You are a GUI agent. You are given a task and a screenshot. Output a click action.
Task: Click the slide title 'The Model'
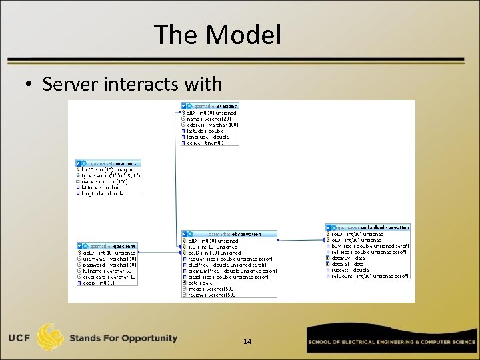(x=217, y=35)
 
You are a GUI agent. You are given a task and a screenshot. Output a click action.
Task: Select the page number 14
(x=247, y=341)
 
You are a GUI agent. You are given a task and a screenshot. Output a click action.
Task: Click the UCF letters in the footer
(x=23, y=338)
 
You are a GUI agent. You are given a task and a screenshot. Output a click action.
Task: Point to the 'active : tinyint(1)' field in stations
(x=207, y=142)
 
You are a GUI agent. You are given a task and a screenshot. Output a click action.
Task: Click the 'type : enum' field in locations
(x=111, y=175)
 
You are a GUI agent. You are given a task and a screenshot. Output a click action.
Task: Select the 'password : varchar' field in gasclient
(x=109, y=265)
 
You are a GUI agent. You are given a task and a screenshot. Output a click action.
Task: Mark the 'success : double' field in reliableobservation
(x=351, y=270)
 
